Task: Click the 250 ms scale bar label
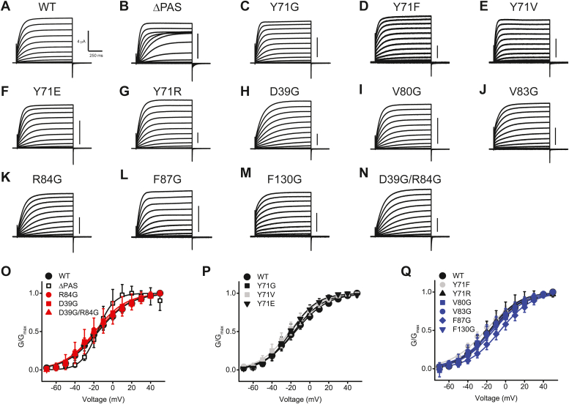96,56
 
